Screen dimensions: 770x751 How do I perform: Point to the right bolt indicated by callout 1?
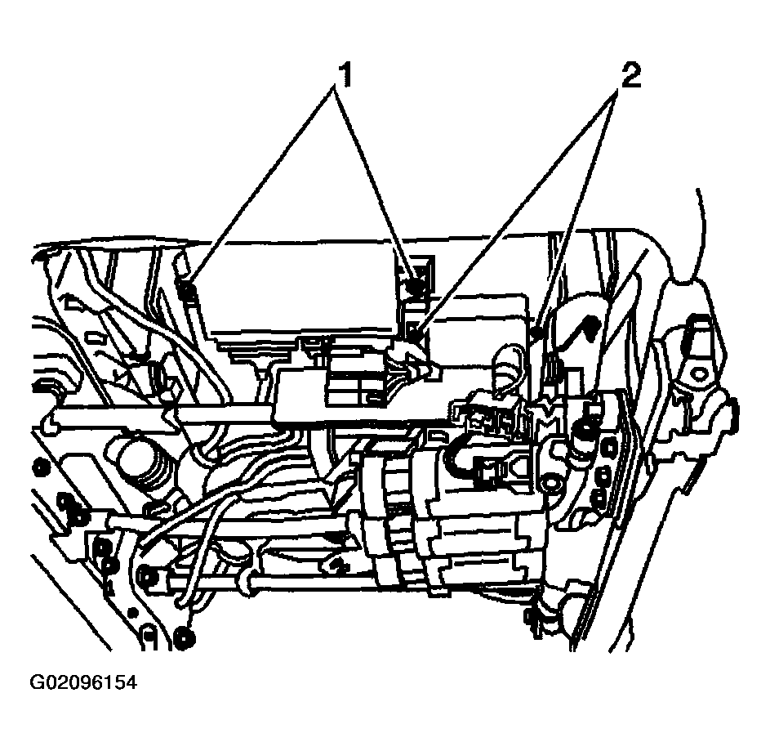[x=417, y=285]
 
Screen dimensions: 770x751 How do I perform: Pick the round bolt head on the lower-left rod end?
[x=148, y=577]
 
